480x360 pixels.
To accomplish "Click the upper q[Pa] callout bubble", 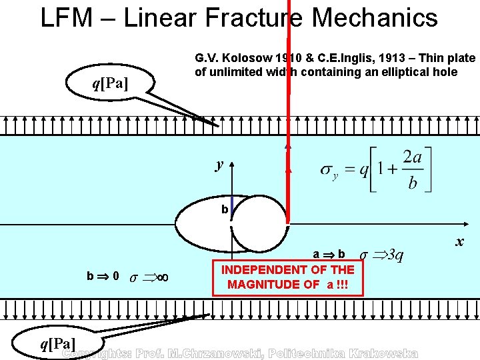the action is coord(110,83).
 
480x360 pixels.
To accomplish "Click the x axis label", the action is coord(459,242).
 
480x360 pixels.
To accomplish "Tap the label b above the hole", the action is coord(225,210).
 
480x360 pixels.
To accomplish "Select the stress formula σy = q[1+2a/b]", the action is coord(377,170).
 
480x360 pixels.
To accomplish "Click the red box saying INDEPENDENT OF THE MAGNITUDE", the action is coord(288,277).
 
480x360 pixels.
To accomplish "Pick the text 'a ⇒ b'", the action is coord(329,254).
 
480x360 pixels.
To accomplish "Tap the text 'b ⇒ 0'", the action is coord(103,276).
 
